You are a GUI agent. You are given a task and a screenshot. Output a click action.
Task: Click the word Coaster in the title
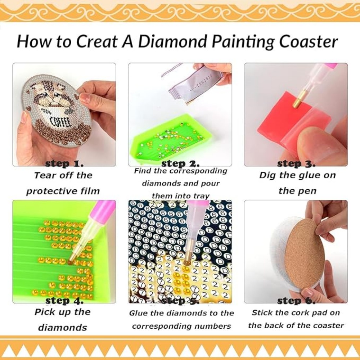[309, 42]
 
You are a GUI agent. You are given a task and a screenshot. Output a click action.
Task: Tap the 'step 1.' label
[64, 164]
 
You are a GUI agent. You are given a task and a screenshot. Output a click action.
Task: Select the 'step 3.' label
[296, 164]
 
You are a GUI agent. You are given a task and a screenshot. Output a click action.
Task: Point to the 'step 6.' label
[296, 301]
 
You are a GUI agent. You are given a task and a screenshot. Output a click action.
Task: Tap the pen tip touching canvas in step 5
[186, 262]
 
